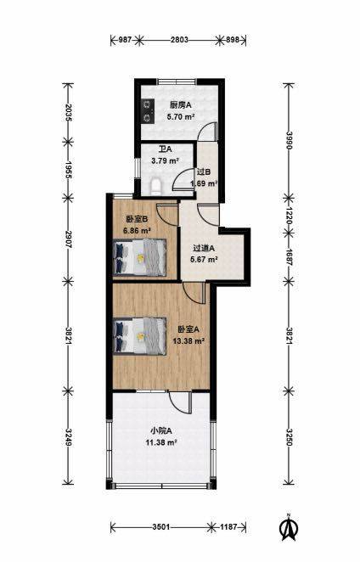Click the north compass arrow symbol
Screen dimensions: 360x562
[289, 526]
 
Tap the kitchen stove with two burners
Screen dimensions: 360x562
[147, 110]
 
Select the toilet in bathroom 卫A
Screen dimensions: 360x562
[155, 187]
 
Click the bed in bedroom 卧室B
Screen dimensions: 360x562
[140, 257]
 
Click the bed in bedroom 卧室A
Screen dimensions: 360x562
[140, 336]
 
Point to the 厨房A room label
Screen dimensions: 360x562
[180, 105]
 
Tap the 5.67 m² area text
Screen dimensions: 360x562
[204, 259]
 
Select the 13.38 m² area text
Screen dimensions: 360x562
[188, 340]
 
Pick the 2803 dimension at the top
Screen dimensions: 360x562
[179, 40]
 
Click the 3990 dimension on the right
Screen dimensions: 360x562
[289, 140]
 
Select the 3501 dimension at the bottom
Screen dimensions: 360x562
[161, 527]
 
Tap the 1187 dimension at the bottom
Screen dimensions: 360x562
[228, 527]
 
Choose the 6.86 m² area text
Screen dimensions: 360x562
[137, 230]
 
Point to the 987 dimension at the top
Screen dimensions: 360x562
[125, 40]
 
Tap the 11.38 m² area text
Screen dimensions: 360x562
[161, 442]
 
